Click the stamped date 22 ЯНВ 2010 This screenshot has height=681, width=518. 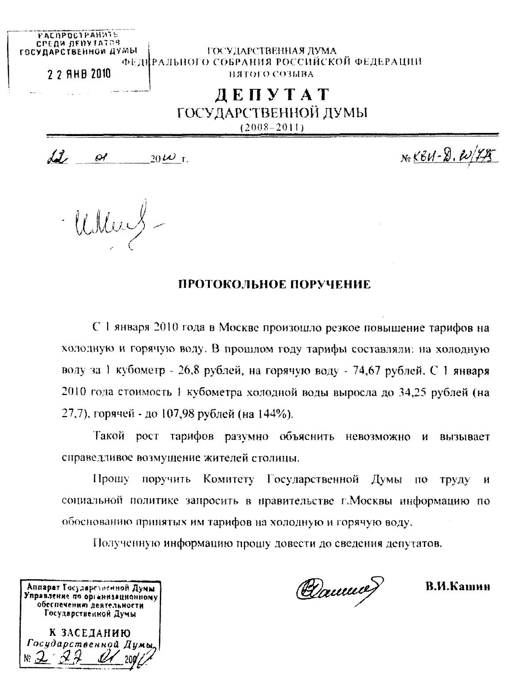point(79,74)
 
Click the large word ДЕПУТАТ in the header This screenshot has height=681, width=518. point(272,95)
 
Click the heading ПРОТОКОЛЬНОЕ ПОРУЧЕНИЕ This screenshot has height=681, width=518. point(274,285)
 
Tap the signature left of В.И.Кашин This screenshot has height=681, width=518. point(338,588)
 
